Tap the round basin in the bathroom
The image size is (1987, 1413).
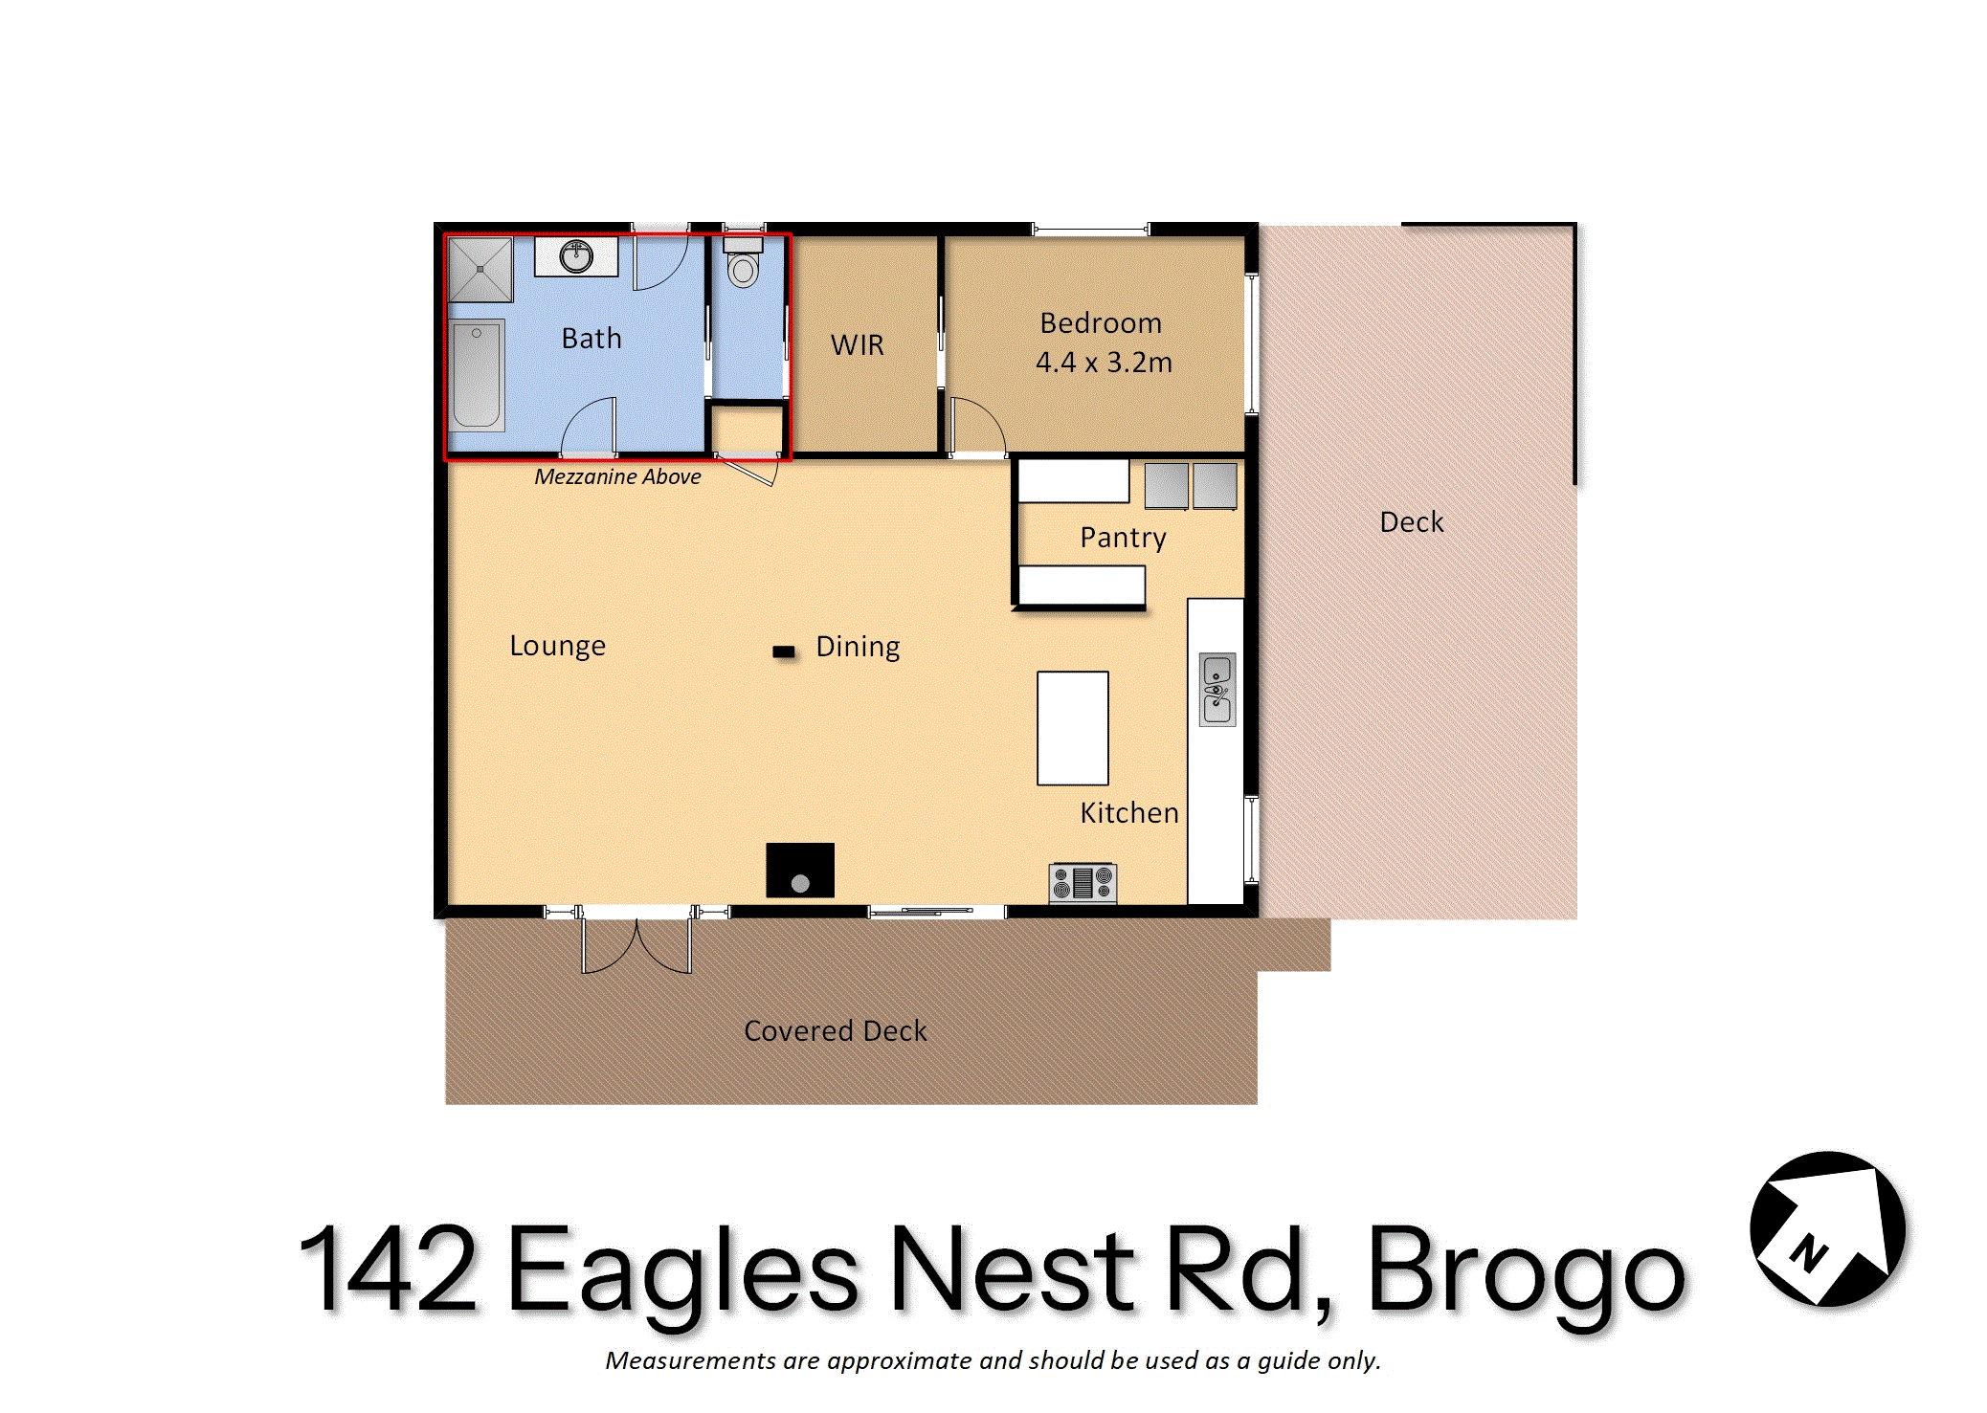[x=576, y=256]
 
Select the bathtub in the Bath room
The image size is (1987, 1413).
[x=477, y=375]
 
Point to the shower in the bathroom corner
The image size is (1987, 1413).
[x=480, y=269]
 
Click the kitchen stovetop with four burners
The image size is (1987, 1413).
[x=1083, y=882]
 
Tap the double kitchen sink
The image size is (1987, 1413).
[x=1217, y=690]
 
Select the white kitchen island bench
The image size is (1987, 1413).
[x=1073, y=728]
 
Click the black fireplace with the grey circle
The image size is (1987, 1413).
[x=800, y=870]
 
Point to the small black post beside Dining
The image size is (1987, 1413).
[x=784, y=651]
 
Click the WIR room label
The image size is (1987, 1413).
[x=858, y=344]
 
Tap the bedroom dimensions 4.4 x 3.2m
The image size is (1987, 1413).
[x=1104, y=363]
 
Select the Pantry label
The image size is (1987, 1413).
[x=1123, y=538]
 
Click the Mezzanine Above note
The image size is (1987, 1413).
[x=617, y=476]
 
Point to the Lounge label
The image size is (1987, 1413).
[x=557, y=646]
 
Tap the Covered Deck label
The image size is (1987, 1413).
[x=836, y=1030]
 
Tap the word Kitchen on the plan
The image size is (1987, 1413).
[x=1129, y=812]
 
